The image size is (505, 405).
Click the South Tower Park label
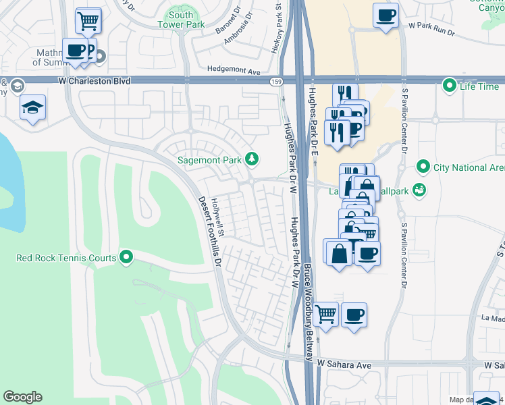click(x=181, y=20)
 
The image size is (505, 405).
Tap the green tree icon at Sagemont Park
click(x=252, y=159)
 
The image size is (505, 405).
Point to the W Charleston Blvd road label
click(x=92, y=81)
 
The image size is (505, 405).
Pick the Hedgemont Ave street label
click(x=234, y=70)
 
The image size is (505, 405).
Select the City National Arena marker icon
click(x=423, y=166)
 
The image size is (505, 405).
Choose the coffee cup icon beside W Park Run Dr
click(x=386, y=14)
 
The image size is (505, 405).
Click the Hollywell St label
click(x=220, y=217)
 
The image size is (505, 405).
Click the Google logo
click(x=22, y=397)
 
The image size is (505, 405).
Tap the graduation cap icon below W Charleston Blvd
click(x=32, y=108)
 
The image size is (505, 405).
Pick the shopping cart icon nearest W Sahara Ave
click(x=326, y=313)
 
